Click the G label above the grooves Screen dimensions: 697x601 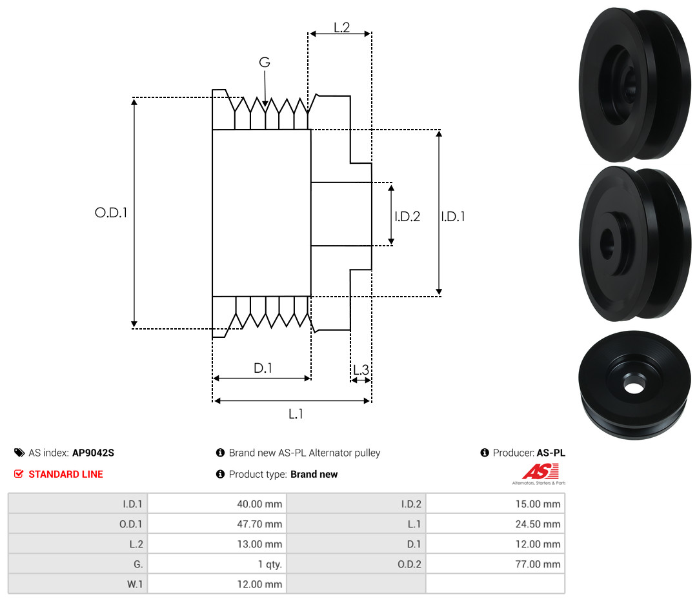(265, 62)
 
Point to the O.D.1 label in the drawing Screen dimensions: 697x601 (111, 213)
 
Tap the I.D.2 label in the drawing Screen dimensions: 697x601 (407, 216)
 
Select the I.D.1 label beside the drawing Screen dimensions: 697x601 (453, 216)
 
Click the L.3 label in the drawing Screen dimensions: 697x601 (361, 369)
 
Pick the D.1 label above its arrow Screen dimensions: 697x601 (263, 368)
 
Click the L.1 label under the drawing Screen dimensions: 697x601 (296, 414)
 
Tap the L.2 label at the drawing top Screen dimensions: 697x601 (342, 28)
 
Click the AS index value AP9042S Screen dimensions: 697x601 (94, 453)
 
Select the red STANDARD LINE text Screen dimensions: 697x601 (66, 475)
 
